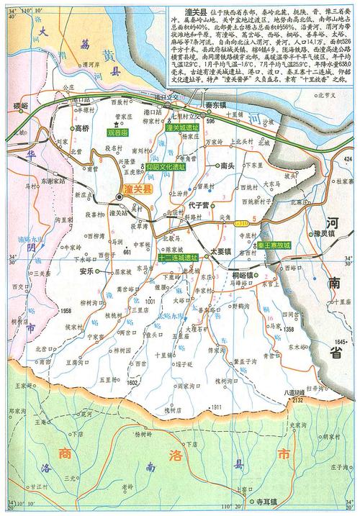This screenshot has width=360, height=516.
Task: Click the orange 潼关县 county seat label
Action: (x=137, y=189)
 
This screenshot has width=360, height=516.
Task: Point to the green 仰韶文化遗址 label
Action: (x=168, y=166)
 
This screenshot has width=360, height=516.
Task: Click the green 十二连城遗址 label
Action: (x=176, y=257)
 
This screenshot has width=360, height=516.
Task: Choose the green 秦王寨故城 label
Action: (x=275, y=245)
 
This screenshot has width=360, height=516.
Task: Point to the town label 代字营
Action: (x=197, y=206)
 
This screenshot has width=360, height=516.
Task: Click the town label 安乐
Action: (x=87, y=271)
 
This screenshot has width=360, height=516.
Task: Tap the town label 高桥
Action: (x=83, y=128)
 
